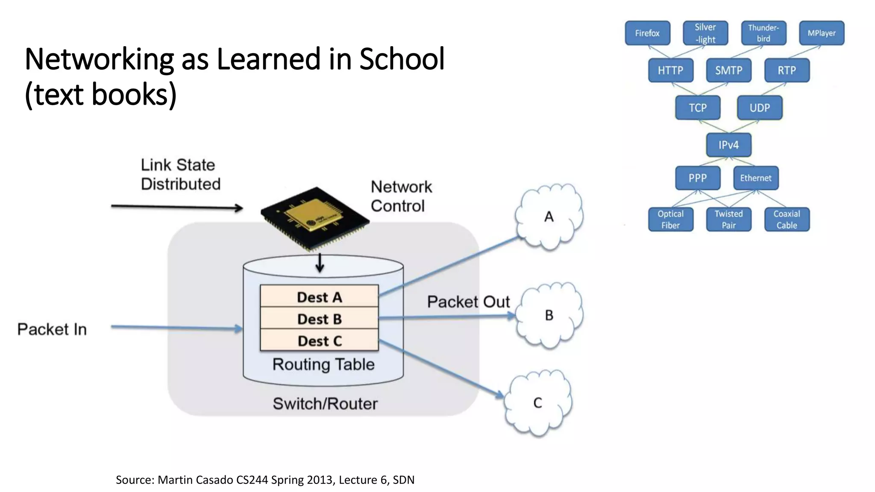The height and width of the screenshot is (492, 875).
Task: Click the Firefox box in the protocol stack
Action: pyautogui.click(x=647, y=33)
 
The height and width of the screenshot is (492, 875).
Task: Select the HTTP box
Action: pyautogui.click(x=670, y=70)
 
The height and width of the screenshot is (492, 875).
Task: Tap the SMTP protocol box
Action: pyautogui.click(x=728, y=70)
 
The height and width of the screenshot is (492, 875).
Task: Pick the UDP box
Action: pyautogui.click(x=760, y=108)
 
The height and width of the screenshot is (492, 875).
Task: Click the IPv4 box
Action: pyautogui.click(x=728, y=145)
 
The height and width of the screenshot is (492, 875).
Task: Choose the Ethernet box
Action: pyautogui.click(x=756, y=178)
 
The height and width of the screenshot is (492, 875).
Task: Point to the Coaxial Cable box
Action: pyautogui.click(x=787, y=220)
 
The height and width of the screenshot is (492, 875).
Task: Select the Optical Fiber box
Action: pyautogui.click(x=670, y=220)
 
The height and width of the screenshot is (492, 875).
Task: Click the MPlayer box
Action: pyautogui.click(x=822, y=33)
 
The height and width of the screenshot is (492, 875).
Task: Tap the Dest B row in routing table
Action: pyautogui.click(x=319, y=319)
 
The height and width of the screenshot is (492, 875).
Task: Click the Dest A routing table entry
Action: pyautogui.click(x=319, y=297)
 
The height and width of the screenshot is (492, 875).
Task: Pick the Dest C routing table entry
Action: pyautogui.click(x=319, y=341)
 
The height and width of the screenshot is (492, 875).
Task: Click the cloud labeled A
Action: pyautogui.click(x=549, y=217)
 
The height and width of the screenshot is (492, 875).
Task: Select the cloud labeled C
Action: pyautogui.click(x=537, y=403)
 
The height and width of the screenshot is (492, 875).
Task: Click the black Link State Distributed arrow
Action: pyautogui.click(x=177, y=207)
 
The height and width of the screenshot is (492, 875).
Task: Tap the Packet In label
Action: pyautogui.click(x=52, y=329)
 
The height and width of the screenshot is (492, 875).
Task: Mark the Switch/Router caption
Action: pyautogui.click(x=325, y=404)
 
